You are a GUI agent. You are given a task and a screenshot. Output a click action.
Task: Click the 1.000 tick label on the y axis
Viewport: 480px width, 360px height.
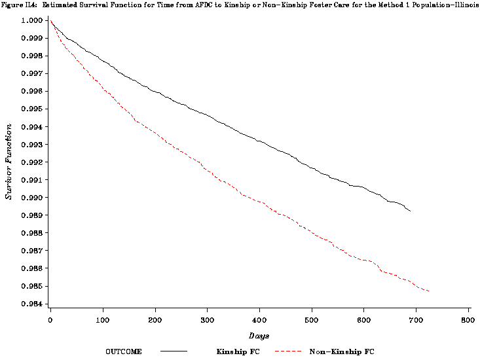point(31,21)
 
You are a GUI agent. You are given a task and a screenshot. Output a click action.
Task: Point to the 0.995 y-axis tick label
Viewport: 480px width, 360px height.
point(31,109)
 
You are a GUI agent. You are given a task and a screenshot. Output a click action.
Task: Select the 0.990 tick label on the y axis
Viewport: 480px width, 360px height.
point(31,198)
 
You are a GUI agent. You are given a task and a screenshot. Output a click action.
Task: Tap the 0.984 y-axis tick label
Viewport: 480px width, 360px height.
point(31,304)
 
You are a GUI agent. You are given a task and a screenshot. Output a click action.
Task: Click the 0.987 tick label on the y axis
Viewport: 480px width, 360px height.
point(31,251)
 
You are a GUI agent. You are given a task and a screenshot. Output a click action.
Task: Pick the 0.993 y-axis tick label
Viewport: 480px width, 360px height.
point(31,145)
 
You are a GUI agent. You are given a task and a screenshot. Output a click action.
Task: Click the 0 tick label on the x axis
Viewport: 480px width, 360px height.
point(50,320)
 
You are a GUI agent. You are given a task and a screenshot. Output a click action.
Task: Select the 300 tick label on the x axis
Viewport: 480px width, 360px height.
point(207,320)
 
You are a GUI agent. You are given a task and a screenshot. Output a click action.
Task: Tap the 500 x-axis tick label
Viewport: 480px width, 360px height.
point(312,320)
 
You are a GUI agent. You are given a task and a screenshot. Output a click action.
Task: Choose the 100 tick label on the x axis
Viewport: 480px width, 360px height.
point(103,320)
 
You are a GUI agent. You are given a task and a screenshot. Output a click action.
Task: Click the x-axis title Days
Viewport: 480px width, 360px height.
point(259,334)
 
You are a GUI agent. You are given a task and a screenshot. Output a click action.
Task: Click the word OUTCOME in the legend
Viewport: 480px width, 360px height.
point(124,351)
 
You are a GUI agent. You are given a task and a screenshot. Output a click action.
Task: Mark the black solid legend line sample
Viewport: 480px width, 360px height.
point(174,351)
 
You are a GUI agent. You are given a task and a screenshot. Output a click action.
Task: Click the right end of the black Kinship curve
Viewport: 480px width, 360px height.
point(411,211)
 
